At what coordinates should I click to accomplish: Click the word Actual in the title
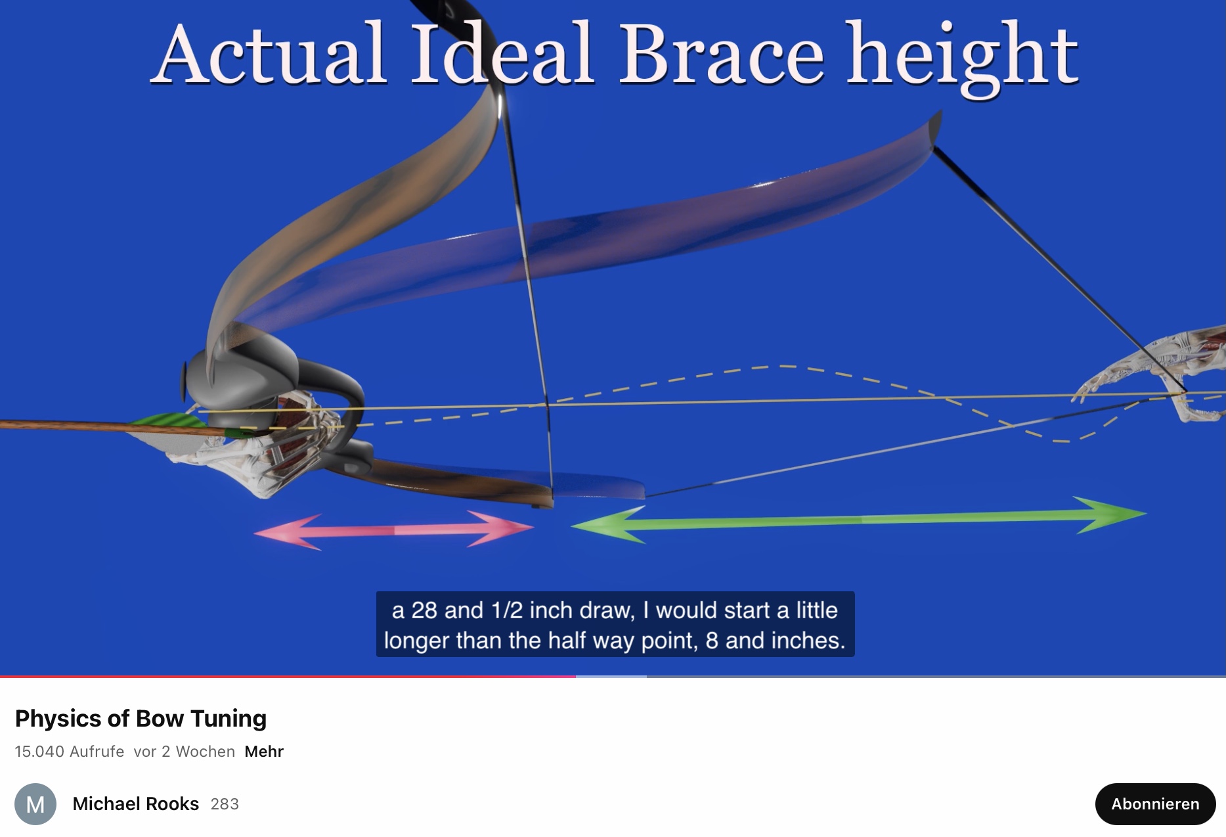[269, 54]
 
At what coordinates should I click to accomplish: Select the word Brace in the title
[721, 54]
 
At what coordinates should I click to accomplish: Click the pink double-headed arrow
[394, 530]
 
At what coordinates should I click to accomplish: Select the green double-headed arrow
[859, 520]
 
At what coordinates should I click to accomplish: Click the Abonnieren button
[1155, 803]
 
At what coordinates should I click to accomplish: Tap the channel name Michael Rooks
[135, 803]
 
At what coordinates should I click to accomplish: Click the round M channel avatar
[35, 804]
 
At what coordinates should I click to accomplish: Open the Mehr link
[264, 752]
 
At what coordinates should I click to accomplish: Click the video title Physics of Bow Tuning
[141, 719]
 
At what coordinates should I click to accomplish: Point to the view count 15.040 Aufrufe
[70, 752]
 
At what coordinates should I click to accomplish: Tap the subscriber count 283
[225, 804]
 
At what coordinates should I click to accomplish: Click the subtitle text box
[615, 624]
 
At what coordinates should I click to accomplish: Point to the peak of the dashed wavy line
[781, 365]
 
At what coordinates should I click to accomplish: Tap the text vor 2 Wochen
[184, 752]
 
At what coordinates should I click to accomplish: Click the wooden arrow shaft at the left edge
[66, 424]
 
